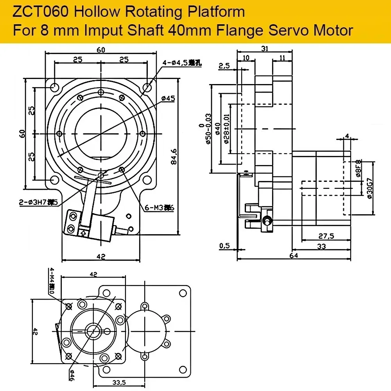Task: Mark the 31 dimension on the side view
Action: pyautogui.click(x=264, y=48)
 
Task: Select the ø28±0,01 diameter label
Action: pyautogui.click(x=227, y=129)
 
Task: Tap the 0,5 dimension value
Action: pyautogui.click(x=224, y=246)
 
